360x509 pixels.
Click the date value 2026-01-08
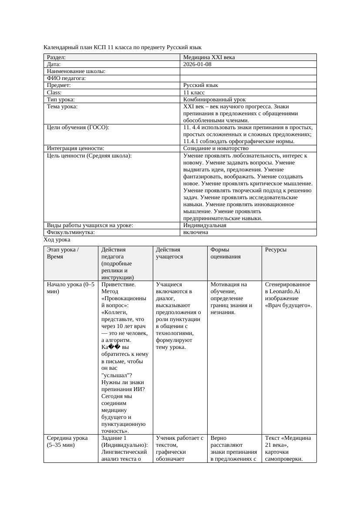coord(198,64)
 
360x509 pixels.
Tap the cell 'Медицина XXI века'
coord(209,57)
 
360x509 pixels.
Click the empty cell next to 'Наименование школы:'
coord(248,71)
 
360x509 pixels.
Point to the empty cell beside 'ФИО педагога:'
coord(248,78)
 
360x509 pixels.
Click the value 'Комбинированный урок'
coord(215,100)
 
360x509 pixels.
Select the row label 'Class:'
coord(54,93)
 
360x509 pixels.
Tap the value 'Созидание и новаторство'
coord(216,148)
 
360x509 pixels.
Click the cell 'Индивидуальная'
coord(205,225)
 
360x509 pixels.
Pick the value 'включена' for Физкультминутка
coord(196,232)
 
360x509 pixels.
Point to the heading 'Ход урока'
coord(57,240)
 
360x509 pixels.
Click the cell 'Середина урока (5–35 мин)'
coord(67,442)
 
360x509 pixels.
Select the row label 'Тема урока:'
coord(62,107)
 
